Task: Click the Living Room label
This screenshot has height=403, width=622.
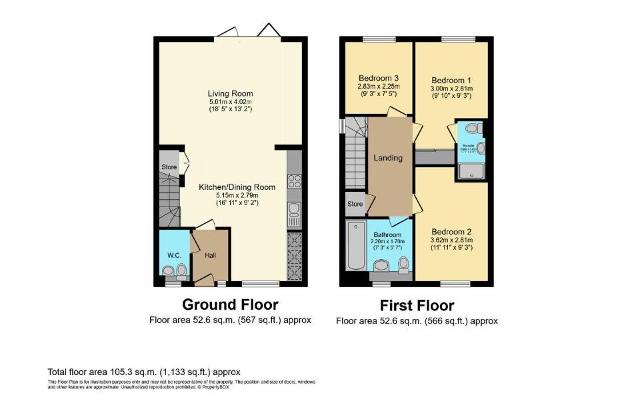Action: pos(230,93)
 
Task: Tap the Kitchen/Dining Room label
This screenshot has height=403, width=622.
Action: pos(227,187)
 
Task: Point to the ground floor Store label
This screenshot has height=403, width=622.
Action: pos(169,167)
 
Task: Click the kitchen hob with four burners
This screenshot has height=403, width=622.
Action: pos(294,181)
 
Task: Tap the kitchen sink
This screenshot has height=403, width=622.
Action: pos(294,214)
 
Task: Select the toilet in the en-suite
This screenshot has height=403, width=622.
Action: pos(472,128)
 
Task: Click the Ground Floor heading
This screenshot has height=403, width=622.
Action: pos(230,305)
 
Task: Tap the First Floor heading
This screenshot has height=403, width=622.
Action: pos(417,306)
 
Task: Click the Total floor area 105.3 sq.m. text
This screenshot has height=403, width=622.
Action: pos(143,372)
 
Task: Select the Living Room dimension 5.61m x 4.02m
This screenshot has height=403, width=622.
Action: pos(230,101)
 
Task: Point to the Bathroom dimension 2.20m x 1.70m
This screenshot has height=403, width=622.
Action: pos(387,242)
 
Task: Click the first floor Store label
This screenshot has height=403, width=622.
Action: pos(355,204)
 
